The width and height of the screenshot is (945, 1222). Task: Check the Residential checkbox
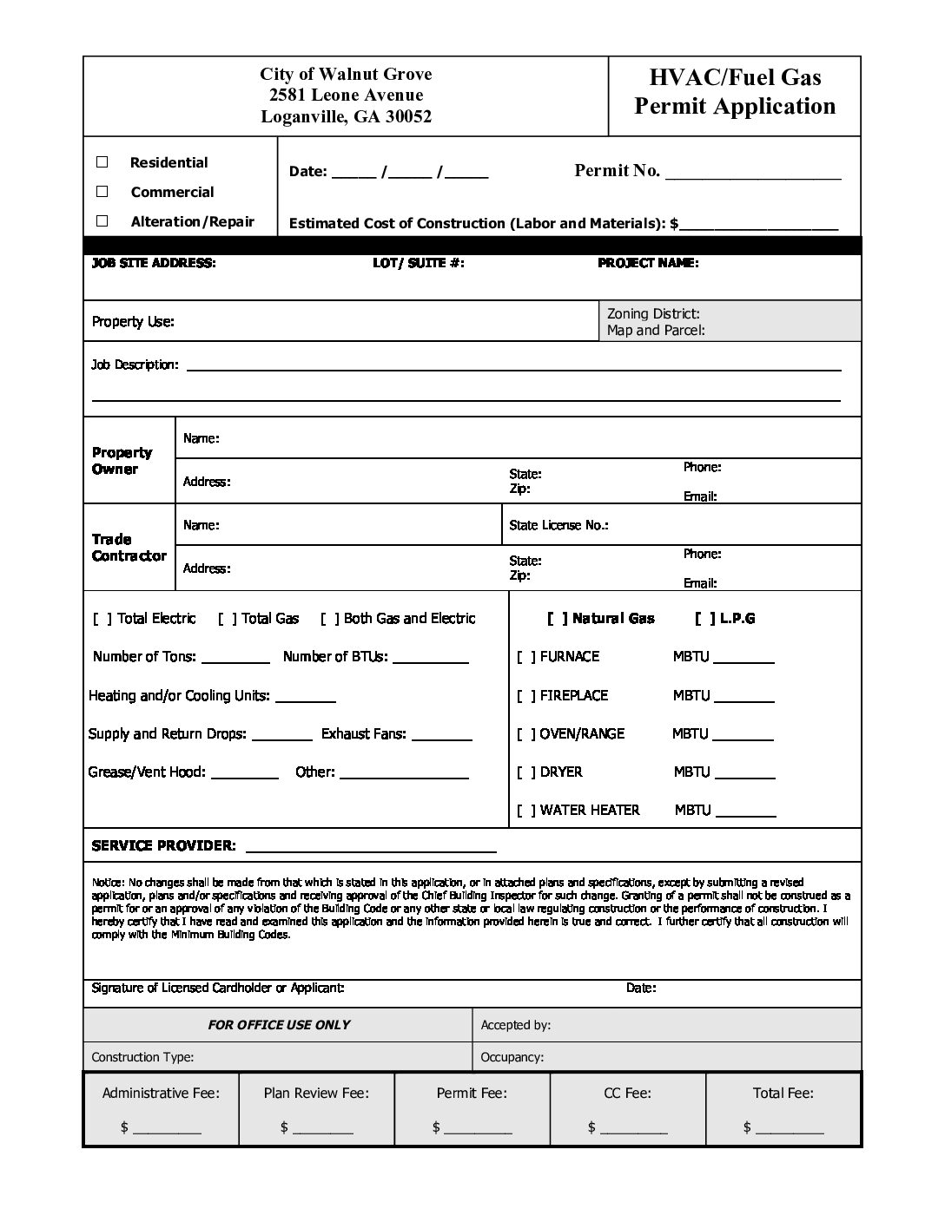102,162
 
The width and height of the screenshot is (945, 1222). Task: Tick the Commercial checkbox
102,192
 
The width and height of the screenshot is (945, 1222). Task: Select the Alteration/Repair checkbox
102,221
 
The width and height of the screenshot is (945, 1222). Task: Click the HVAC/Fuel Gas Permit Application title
735,92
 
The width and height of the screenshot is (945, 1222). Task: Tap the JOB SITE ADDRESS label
154,263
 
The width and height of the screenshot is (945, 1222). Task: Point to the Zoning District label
653,314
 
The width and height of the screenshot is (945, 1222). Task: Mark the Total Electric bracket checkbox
102,619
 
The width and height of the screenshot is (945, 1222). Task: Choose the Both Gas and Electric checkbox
329,619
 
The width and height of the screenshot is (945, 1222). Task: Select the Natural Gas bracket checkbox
558,619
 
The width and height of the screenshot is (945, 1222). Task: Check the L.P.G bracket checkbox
705,619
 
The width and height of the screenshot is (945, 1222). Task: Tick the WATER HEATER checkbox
526,811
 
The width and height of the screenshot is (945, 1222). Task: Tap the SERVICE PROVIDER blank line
371,850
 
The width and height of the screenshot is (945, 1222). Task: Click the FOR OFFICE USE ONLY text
279,1025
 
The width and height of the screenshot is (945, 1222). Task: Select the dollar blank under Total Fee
790,1131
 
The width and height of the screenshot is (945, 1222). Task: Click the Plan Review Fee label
316,1094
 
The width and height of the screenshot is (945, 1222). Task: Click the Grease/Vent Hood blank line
245,775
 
